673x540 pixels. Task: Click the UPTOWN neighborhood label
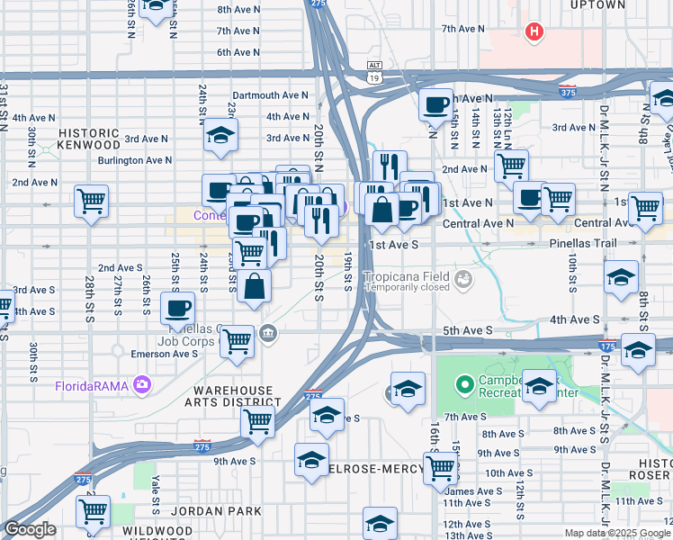pos(597,5)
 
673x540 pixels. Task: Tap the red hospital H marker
pos(534,32)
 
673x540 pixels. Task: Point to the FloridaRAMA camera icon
pos(141,386)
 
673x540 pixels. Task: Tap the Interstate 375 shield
pos(567,91)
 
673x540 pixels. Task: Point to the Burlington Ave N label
pos(135,160)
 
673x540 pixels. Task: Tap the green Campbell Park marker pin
pos(464,386)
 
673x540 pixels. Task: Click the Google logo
pos(30,530)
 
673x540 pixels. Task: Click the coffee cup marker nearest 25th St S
pos(178,309)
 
